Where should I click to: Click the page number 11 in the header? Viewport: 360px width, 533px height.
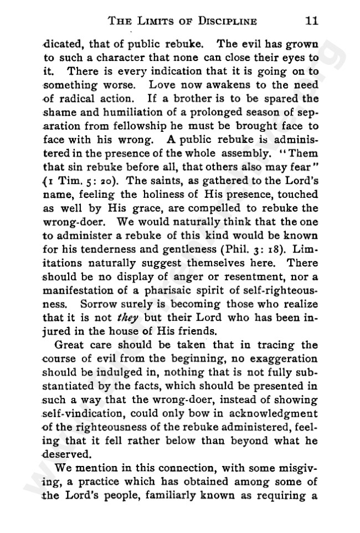(x=310, y=22)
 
